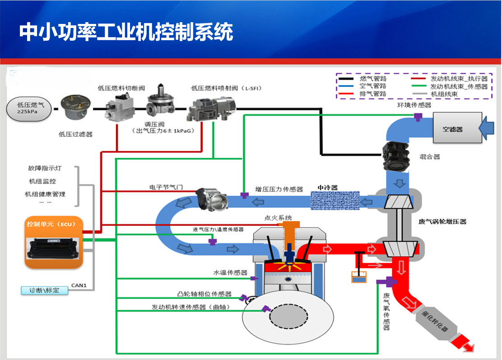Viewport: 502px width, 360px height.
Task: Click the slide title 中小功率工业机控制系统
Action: (x=126, y=33)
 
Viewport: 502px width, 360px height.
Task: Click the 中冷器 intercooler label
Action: (x=327, y=187)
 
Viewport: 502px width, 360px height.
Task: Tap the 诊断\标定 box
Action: (x=45, y=290)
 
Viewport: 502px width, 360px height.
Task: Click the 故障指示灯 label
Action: (x=45, y=168)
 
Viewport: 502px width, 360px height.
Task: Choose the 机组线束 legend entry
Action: (x=444, y=94)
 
